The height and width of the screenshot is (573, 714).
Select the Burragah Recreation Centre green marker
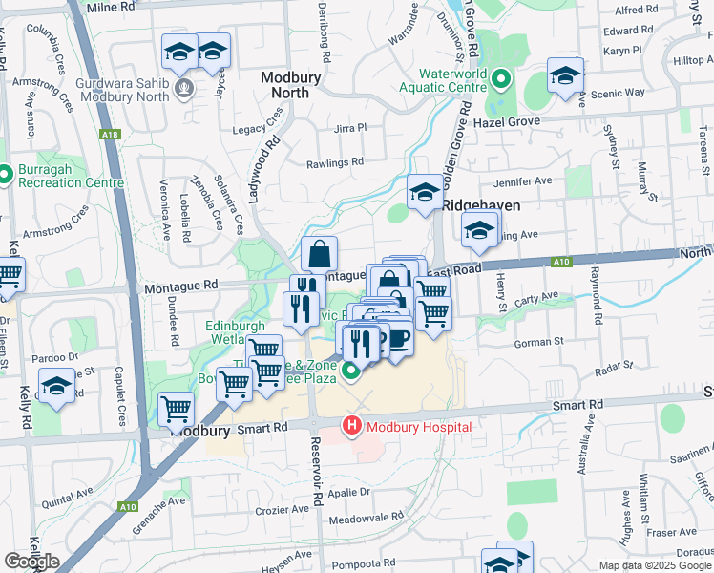[x=8, y=176]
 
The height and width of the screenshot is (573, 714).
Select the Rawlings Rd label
[x=335, y=162]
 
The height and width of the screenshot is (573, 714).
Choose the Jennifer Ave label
[x=523, y=180]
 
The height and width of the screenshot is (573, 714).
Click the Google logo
[x=31, y=562]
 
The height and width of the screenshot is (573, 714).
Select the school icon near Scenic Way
[x=565, y=75]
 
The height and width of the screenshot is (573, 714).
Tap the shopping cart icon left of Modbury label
[x=177, y=409]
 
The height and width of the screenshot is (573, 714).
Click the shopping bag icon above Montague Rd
[x=320, y=254]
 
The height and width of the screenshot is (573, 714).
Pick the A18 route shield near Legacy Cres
[x=111, y=136]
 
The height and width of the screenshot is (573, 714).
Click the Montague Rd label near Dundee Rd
[x=180, y=286]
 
